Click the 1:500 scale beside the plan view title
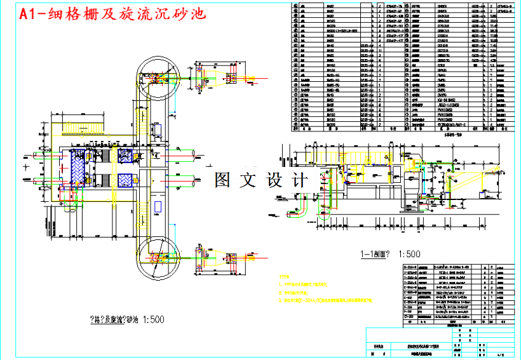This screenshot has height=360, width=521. [154, 320]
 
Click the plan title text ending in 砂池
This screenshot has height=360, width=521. [113, 320]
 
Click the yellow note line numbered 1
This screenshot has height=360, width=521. [311, 285]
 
